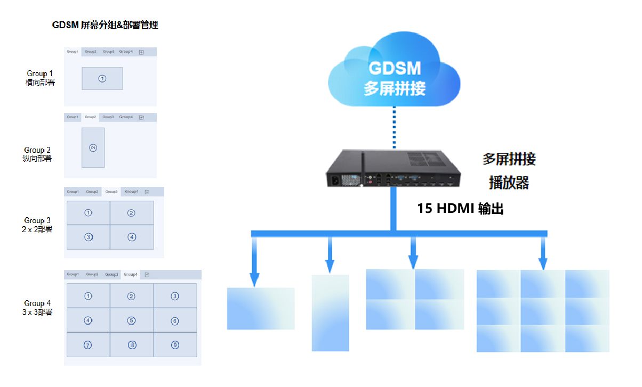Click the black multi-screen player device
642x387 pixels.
click(x=394, y=170)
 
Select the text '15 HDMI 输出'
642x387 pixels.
click(x=460, y=209)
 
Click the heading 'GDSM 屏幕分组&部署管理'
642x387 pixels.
click(x=105, y=25)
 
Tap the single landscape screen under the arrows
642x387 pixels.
click(x=261, y=309)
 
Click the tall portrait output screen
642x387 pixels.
click(x=330, y=312)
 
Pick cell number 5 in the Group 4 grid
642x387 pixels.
click(x=132, y=320)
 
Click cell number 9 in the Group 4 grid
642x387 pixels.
click(x=175, y=345)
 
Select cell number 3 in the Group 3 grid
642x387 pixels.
click(x=89, y=237)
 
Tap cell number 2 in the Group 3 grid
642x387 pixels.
click(x=132, y=213)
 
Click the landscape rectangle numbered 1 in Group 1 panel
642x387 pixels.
click(x=102, y=78)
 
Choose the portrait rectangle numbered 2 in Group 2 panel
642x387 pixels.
click(x=93, y=147)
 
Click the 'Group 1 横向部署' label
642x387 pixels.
click(x=40, y=78)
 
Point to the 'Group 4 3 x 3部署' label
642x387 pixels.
click(x=37, y=308)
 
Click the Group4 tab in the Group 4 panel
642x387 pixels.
click(x=131, y=275)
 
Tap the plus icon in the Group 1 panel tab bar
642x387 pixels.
click(x=141, y=52)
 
